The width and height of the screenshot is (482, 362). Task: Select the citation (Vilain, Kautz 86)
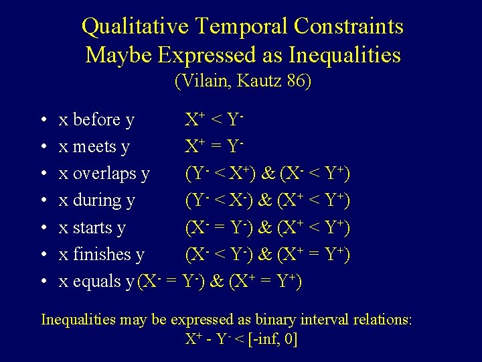[243, 82]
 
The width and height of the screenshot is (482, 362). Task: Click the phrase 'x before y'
[96, 121]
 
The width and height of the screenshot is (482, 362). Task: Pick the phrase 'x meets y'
[94, 147]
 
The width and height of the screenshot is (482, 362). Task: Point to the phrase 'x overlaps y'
[104, 174]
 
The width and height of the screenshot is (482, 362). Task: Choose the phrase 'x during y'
[97, 200]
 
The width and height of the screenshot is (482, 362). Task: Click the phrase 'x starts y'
[92, 228]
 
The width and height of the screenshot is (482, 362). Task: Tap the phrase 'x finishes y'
[102, 255]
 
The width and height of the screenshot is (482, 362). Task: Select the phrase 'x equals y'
[96, 282]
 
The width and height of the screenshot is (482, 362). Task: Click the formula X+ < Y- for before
[214, 120]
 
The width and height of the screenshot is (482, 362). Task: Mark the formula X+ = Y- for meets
[214, 146]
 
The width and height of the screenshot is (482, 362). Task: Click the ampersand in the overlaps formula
[268, 174]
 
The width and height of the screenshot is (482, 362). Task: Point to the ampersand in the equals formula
[217, 282]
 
